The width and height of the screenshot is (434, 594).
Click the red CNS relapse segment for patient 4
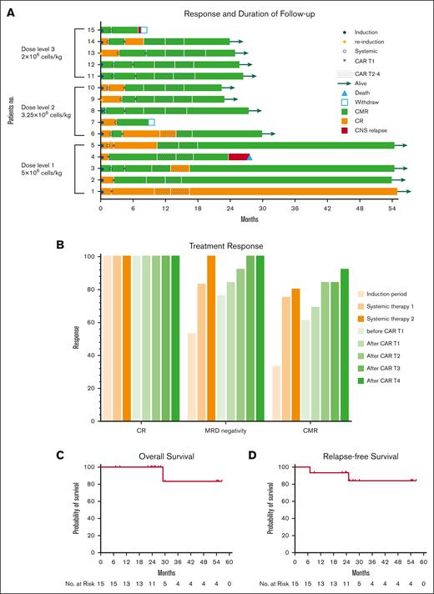pos(238,156)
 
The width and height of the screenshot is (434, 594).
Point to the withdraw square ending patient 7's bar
pos(152,122)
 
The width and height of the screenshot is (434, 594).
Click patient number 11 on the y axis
pos(91,76)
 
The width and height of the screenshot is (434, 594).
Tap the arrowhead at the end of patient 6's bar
pos(284,133)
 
